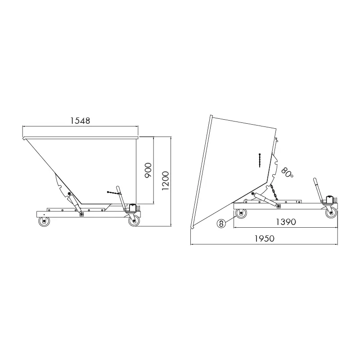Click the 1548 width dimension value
81,121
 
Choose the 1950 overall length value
264,238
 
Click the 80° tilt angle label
287,171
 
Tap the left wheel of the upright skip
44,221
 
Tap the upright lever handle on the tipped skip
318,190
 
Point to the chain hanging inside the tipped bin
260,159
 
